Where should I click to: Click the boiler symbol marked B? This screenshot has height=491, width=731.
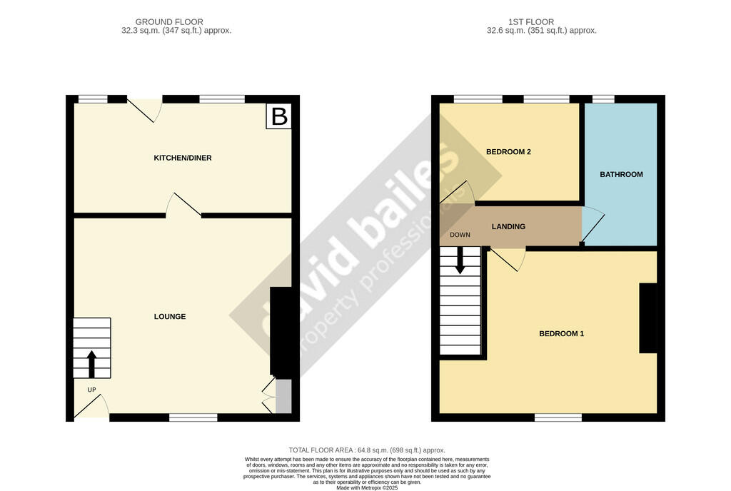click(x=279, y=116)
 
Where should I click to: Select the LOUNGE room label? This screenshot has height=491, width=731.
click(x=170, y=316)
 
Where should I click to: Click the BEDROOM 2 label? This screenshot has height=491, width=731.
click(x=508, y=152)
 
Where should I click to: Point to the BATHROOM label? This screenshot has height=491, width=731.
click(x=621, y=174)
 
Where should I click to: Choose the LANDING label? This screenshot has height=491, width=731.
click(x=508, y=227)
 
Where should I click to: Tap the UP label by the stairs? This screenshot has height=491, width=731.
click(x=91, y=390)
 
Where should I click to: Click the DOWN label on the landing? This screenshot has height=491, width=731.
click(x=460, y=235)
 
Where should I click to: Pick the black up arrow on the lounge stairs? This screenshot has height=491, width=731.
click(x=92, y=363)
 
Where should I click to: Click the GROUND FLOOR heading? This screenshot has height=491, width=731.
click(x=169, y=22)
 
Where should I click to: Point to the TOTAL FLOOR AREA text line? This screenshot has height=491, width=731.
click(x=365, y=450)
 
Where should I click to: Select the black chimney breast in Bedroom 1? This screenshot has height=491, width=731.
click(x=648, y=318)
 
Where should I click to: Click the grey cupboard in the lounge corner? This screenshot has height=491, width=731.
click(x=283, y=397)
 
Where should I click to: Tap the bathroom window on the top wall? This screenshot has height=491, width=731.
click(x=604, y=99)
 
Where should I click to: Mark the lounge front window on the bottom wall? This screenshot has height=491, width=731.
click(x=193, y=417)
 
